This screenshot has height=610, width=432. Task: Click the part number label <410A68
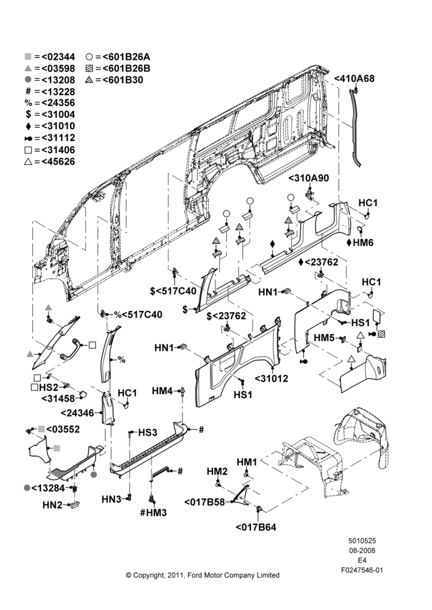click(354, 78)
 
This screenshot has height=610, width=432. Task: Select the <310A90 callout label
click(309, 178)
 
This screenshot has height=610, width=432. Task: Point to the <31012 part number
click(272, 378)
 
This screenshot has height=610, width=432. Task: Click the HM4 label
click(162, 390)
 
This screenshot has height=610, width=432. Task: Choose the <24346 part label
click(77, 413)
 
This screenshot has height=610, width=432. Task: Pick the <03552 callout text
click(63, 429)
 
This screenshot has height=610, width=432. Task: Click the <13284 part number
click(48, 487)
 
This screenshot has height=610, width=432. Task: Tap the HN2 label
click(52, 505)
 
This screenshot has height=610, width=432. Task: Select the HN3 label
click(112, 499)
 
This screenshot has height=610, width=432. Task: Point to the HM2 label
click(217, 472)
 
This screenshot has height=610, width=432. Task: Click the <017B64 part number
click(256, 528)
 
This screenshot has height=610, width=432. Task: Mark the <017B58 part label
click(204, 502)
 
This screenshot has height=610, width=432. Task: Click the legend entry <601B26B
click(126, 68)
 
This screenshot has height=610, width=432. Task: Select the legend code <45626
click(58, 162)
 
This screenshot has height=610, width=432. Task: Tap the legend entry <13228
click(58, 92)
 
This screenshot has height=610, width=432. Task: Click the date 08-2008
click(362, 550)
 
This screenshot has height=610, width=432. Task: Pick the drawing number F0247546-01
click(362, 570)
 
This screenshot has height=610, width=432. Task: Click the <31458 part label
click(59, 398)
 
